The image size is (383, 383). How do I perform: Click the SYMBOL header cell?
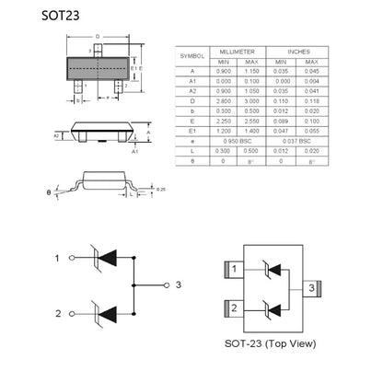(x=191, y=56)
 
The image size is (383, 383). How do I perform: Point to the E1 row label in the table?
(x=191, y=132)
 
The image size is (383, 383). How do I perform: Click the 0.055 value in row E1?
(x=314, y=132)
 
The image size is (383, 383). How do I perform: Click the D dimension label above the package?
(x=99, y=35)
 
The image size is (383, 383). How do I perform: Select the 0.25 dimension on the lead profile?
(x=162, y=189)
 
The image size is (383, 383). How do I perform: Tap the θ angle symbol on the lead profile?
(x=49, y=193)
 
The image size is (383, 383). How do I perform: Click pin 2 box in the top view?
(x=236, y=308)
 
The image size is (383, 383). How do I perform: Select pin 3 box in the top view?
(x=313, y=289)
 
